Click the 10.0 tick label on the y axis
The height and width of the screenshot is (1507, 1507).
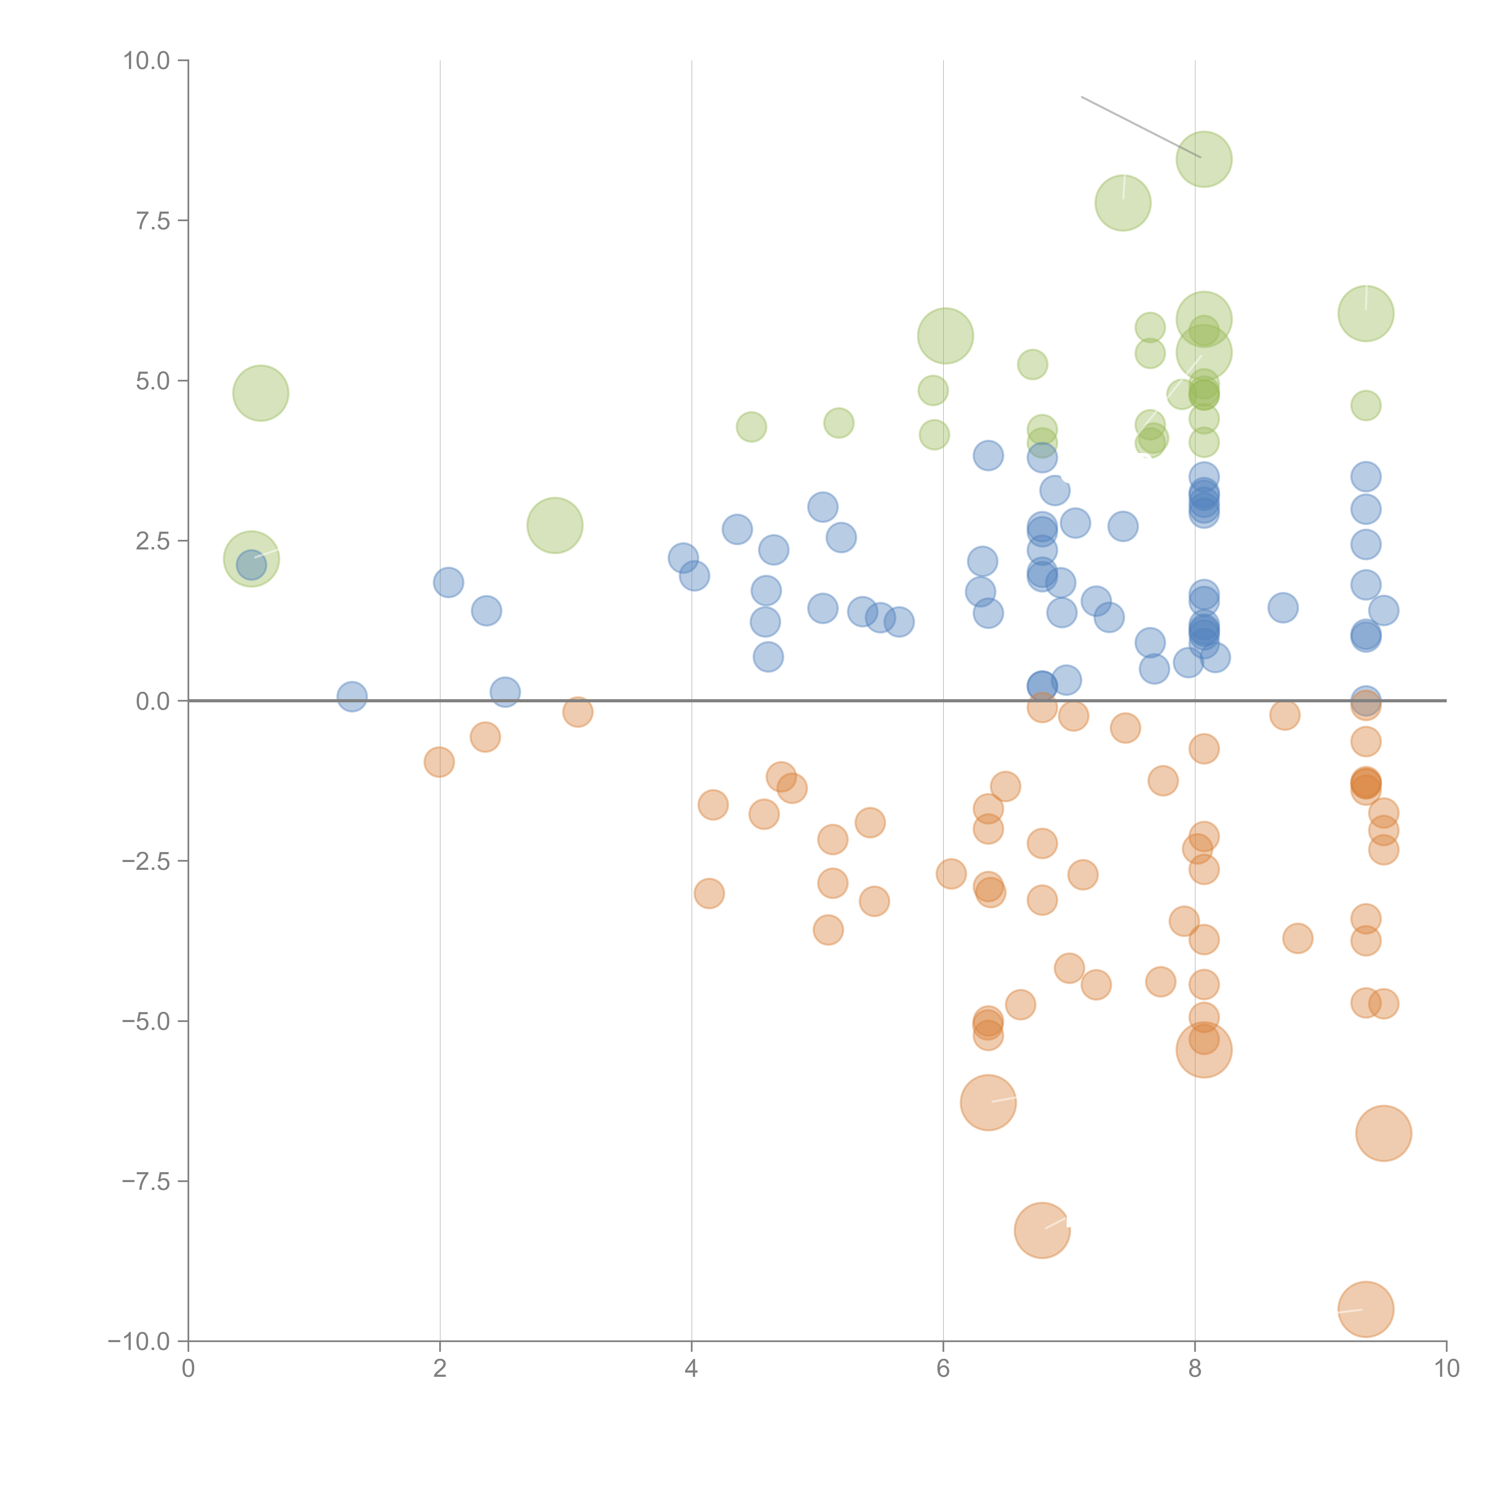[x=147, y=61]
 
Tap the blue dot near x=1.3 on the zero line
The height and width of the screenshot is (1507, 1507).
[x=352, y=697]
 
